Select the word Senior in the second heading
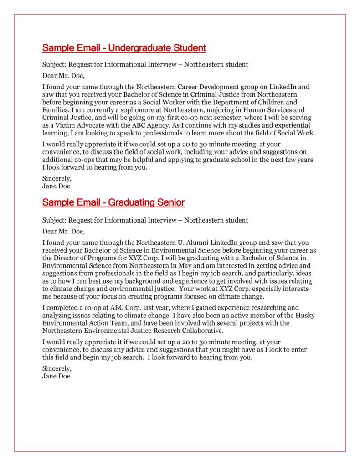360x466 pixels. pyautogui.click(x=168, y=202)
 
